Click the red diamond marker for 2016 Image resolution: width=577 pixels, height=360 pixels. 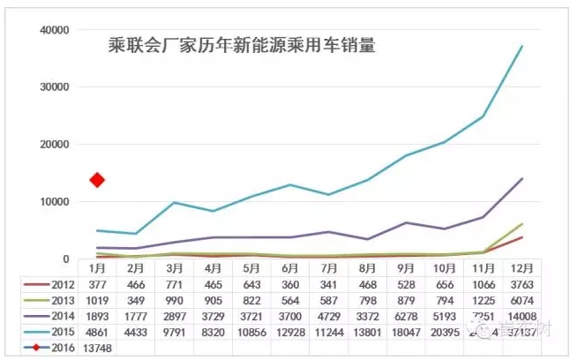97,180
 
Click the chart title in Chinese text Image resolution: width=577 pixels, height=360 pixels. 241,45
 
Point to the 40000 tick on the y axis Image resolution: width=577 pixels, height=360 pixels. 54,30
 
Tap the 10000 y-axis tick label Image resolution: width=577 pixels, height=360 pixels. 54,202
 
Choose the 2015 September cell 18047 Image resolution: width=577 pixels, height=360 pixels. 404,331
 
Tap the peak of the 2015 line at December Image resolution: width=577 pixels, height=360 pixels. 521,46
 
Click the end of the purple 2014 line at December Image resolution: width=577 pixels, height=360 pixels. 521,178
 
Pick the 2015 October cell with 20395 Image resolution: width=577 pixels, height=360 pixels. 443,331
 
